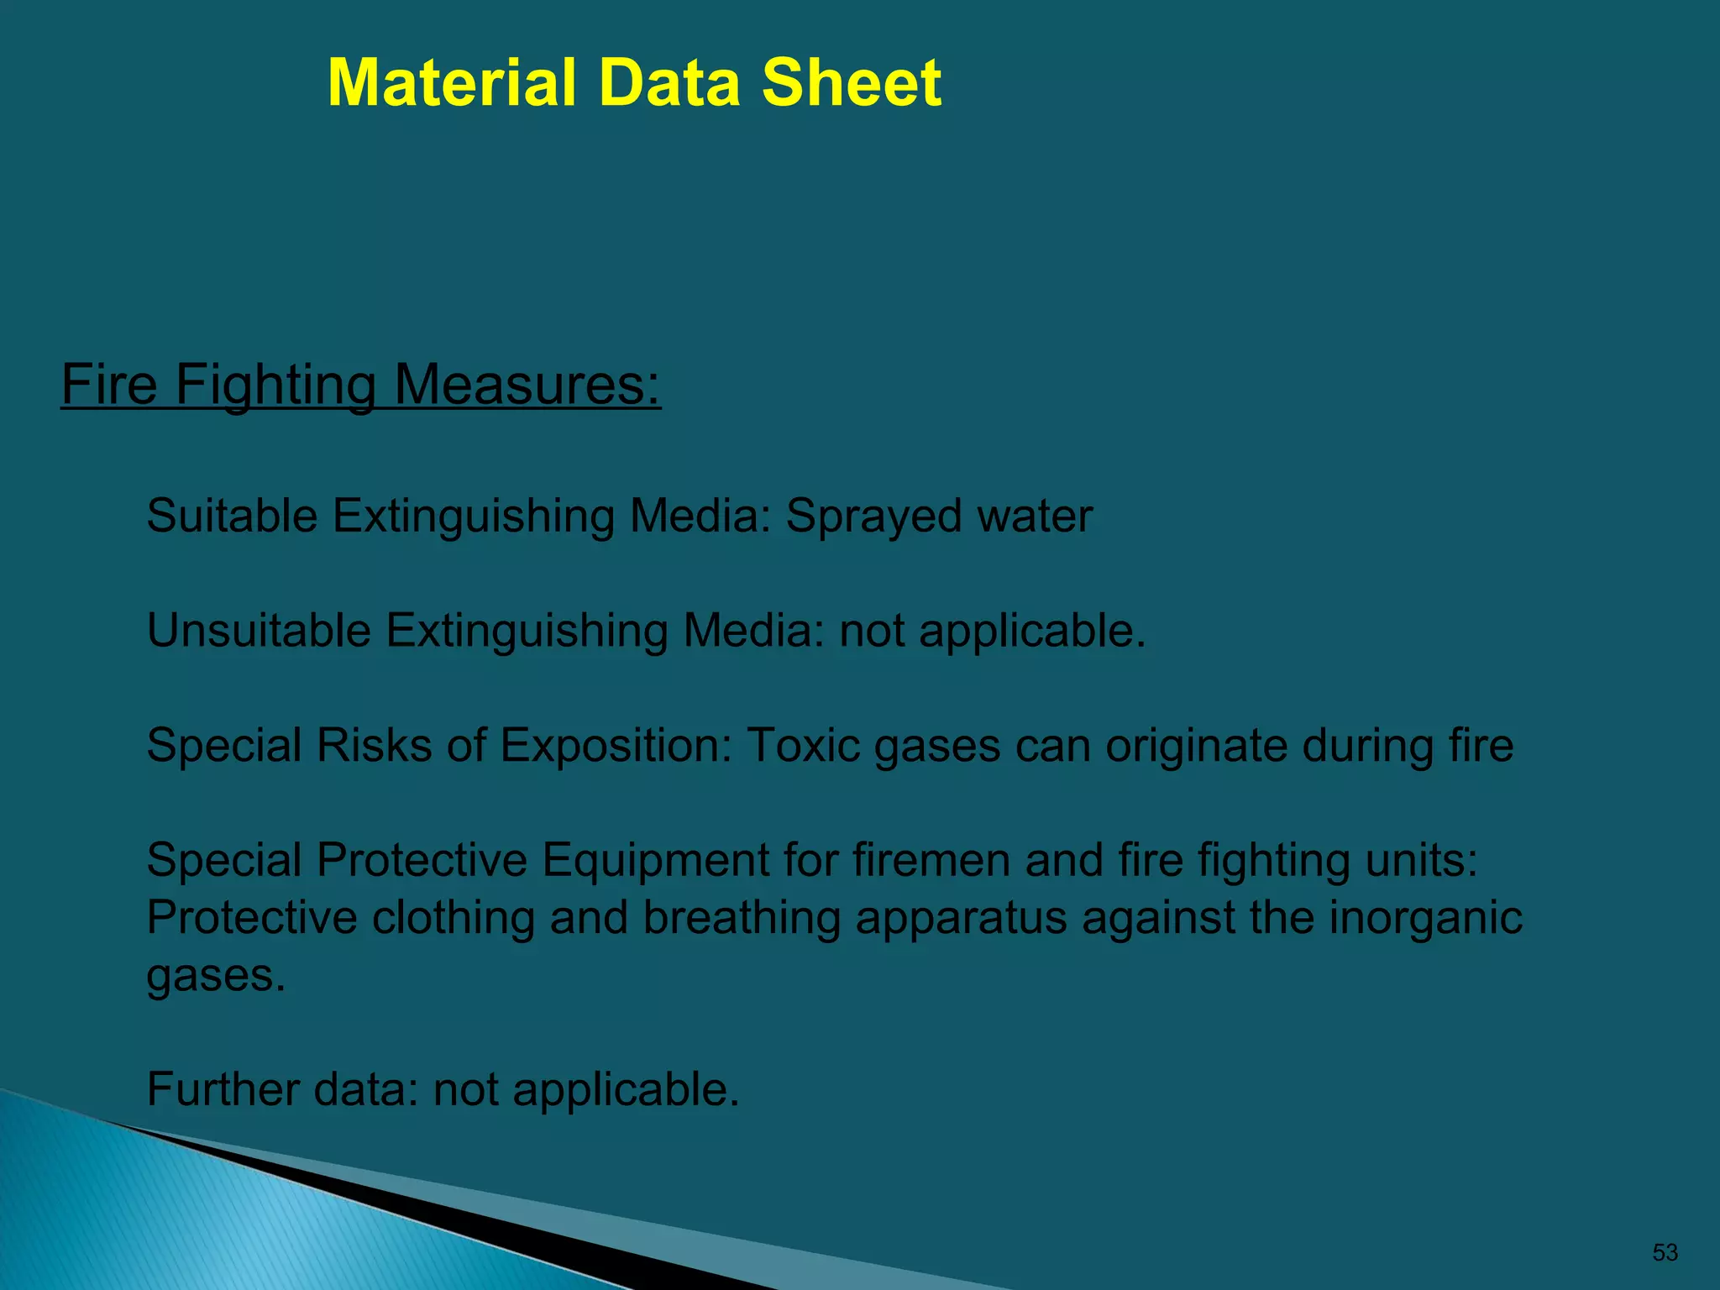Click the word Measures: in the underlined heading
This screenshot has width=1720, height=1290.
[x=527, y=385]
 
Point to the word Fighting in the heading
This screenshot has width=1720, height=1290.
[x=275, y=385]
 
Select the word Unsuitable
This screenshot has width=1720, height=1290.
[x=259, y=630]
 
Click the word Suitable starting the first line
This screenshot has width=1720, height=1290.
[x=232, y=516]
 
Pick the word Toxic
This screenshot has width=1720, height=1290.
[x=802, y=745]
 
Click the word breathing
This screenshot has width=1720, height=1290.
[x=742, y=918]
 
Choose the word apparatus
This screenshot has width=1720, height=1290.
[x=961, y=918]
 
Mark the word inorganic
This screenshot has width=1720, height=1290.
[x=1425, y=918]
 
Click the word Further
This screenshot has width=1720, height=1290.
[x=223, y=1089]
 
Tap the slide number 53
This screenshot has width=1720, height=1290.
[x=1665, y=1252]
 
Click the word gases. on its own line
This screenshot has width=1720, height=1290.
[x=216, y=976]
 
